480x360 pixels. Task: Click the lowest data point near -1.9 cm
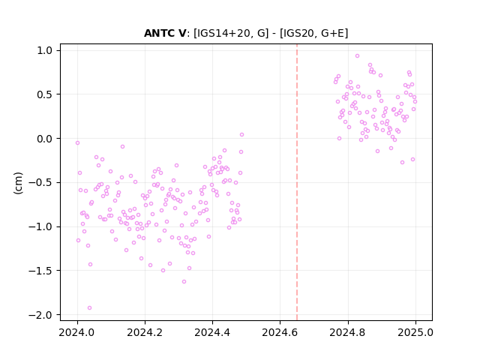(x=89, y=308)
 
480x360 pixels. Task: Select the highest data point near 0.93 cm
(x=357, y=56)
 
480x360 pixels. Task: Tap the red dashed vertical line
(x=297, y=182)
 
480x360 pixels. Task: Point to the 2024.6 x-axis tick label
(x=280, y=332)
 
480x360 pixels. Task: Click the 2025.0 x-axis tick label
(x=415, y=332)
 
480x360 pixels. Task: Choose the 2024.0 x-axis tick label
(x=77, y=332)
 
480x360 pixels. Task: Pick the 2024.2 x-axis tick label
(x=145, y=332)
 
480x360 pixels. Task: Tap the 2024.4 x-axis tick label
(x=212, y=332)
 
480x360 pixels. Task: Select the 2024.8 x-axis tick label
(x=348, y=332)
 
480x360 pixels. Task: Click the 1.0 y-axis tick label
(x=45, y=50)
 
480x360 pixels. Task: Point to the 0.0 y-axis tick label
(x=45, y=139)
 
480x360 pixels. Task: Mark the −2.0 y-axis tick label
(x=41, y=315)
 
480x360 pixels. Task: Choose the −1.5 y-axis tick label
(x=41, y=271)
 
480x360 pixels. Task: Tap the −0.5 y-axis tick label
(x=41, y=183)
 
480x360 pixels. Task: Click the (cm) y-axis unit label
(x=18, y=183)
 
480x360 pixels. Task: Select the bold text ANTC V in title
(x=165, y=33)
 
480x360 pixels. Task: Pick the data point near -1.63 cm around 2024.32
(x=184, y=282)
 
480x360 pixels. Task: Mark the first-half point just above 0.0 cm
(x=241, y=135)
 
